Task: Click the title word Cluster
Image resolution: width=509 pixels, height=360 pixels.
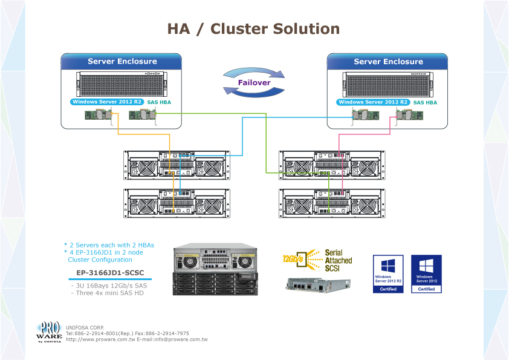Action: point(240,29)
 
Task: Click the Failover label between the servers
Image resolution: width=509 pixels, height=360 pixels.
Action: point(254,82)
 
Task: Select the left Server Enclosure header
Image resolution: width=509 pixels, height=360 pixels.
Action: point(122,62)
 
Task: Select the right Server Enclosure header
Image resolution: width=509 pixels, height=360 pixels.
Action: point(388,62)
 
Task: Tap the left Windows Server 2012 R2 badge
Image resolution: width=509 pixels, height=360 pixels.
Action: point(106,102)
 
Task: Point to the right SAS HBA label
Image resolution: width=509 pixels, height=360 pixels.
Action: point(425,103)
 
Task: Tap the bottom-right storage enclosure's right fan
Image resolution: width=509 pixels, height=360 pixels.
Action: point(365,205)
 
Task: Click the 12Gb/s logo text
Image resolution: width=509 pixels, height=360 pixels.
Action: point(293,258)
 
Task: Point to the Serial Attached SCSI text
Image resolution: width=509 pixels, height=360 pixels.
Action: point(338,260)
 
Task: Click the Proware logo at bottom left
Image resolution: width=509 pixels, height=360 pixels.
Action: point(49,332)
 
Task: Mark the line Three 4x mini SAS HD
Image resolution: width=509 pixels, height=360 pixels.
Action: point(109,293)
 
